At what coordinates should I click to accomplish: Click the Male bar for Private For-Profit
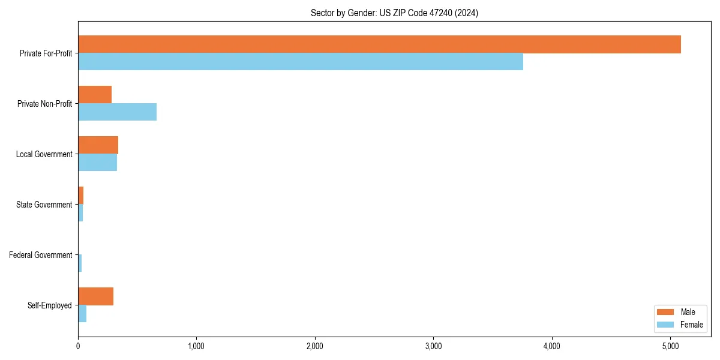coord(379,44)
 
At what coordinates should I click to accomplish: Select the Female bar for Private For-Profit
coord(300,62)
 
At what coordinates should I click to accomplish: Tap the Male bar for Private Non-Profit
coord(95,95)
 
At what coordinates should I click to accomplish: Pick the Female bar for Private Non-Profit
coord(117,112)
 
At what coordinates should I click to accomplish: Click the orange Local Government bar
coord(98,145)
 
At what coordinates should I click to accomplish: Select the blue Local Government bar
coord(97,163)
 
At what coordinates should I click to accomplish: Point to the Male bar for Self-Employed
coord(95,296)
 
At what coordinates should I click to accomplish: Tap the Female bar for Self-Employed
coord(82,314)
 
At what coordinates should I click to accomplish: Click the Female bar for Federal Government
coord(80,263)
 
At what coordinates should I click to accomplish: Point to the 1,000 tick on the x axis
coord(196,346)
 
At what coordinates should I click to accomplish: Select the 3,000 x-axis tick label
coord(433,346)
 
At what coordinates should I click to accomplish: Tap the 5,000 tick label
coord(670,346)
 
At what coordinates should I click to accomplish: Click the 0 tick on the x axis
coord(78,346)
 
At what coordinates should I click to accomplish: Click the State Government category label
coord(44,205)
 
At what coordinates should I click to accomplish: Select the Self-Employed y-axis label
coord(49,305)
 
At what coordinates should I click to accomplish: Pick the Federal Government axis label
coord(40,255)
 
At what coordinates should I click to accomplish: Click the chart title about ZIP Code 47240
coord(394,13)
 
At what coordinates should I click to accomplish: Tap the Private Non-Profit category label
coord(44,104)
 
